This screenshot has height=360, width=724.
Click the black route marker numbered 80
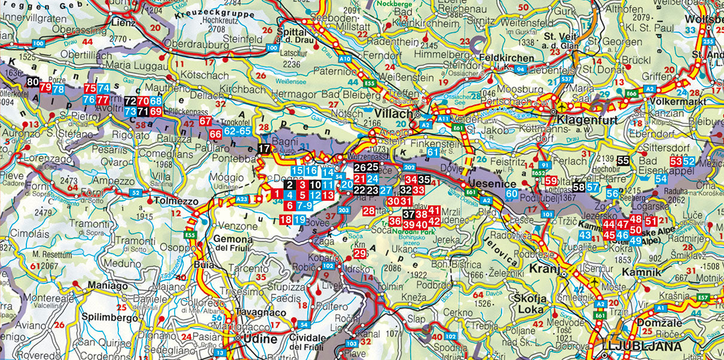point(33,83)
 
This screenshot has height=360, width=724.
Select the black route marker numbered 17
point(264,148)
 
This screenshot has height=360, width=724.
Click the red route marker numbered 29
point(360,254)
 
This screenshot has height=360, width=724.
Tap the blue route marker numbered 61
point(433,153)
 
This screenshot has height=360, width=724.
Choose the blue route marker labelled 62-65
point(237,130)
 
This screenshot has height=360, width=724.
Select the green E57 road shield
point(703,297)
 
